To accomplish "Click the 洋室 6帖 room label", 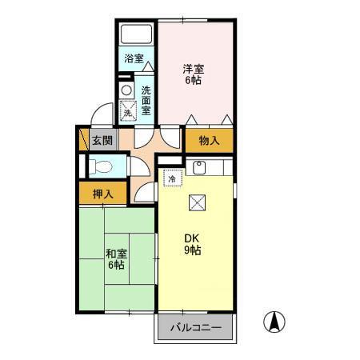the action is point(194,74).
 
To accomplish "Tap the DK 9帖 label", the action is point(193,244).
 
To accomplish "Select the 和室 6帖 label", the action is point(117,259).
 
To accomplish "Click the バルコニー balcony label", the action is point(196,327).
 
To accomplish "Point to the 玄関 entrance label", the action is point(102,140).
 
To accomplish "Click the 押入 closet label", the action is point(103,194).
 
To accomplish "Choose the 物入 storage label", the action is point(210,141).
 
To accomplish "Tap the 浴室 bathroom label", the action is point(134,58).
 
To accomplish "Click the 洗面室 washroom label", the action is point(146,101).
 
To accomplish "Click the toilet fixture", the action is point(100,167).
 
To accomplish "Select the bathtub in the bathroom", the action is point(136,34).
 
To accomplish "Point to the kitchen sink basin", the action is point(199,167).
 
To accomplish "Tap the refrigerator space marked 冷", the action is point(173,178).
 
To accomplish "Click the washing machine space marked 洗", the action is point(128,111).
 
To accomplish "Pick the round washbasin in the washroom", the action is point(127,90).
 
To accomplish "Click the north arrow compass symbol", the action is point(274,322).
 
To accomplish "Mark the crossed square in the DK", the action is point(197,203).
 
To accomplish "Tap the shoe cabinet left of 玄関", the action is point(84,139).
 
